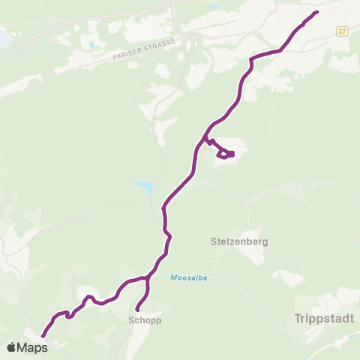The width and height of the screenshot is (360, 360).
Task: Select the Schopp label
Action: click(x=140, y=319)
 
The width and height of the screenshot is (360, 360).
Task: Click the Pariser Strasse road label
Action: click(x=142, y=49)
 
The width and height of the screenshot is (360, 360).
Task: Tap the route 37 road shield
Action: click(x=342, y=31)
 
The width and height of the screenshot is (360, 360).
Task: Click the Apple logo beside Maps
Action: click(x=11, y=347)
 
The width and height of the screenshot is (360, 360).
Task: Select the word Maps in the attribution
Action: click(x=32, y=347)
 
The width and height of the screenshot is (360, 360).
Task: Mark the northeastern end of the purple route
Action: click(x=317, y=12)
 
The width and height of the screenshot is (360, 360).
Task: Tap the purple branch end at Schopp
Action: click(x=137, y=309)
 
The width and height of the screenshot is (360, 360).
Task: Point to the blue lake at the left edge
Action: click(x=3, y=35)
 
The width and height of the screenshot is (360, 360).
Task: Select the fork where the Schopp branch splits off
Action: click(x=148, y=278)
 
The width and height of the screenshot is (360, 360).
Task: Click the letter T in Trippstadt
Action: click(x=290, y=318)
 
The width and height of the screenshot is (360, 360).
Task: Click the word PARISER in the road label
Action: click(x=124, y=54)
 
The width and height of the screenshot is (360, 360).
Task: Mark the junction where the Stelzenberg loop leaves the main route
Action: click(x=203, y=140)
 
